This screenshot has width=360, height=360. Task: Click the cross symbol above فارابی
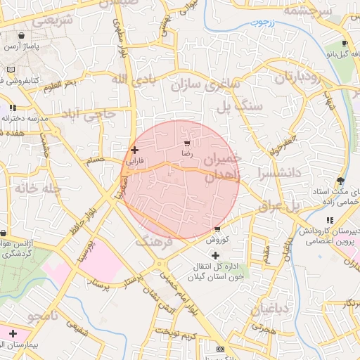[x=134, y=150]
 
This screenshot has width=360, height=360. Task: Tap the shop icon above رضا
[x=186, y=142]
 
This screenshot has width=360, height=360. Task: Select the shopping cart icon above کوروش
[x=217, y=229]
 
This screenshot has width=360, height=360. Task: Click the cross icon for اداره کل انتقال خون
[x=214, y=255]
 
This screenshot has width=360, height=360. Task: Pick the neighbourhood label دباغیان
[x=269, y=308]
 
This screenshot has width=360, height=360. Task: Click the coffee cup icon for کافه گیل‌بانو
[x=345, y=42]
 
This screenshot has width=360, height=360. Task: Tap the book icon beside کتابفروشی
[x=11, y=70]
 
